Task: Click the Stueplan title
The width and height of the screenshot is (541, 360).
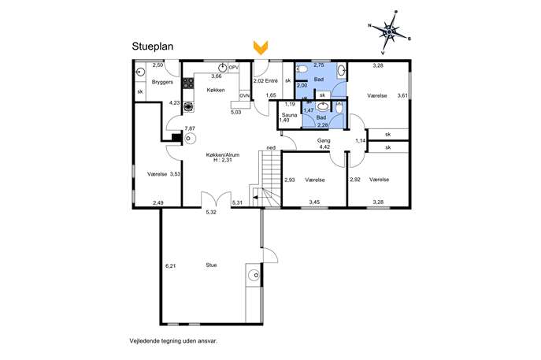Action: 153,46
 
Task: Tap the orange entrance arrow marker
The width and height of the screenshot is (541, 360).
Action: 261,47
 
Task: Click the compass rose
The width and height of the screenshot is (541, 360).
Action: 389,32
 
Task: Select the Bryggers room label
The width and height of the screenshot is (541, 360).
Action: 162,83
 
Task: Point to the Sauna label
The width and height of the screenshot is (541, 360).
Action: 289,115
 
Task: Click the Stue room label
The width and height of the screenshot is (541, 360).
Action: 211,265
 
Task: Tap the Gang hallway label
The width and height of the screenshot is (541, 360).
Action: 324,140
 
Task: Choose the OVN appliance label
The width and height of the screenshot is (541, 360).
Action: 245,95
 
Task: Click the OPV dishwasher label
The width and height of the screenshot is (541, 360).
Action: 234,68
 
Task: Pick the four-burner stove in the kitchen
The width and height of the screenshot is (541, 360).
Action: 188,83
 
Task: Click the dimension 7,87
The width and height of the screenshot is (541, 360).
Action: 190,128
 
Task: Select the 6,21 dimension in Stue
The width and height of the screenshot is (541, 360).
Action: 171,265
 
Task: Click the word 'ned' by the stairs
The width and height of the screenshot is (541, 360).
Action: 271,148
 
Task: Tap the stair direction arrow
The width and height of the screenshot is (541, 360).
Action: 258,197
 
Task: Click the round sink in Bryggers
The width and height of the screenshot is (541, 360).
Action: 140,72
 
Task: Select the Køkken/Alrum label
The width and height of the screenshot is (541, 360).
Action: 223,155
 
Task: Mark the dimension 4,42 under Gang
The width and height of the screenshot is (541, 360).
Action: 324,147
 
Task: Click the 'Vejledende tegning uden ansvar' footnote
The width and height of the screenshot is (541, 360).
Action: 173,341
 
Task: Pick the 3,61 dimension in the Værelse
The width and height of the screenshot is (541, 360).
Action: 402,95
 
